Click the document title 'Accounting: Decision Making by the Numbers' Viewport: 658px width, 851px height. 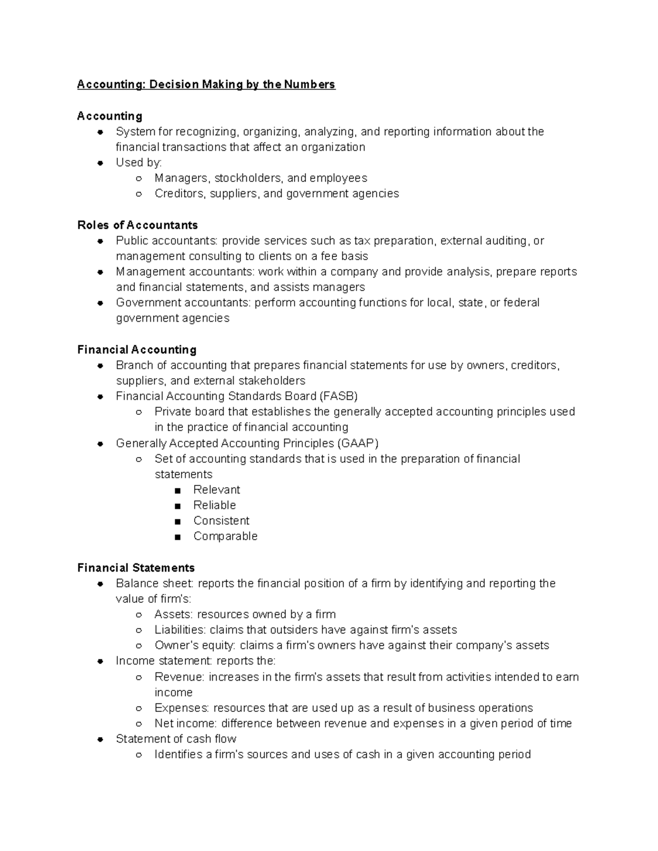206,84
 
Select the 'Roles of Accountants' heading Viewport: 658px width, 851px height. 138,225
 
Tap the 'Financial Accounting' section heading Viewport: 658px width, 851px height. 137,350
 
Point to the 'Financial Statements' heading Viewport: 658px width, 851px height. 136,568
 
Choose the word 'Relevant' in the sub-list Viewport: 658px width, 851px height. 217,490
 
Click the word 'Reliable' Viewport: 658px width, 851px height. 214,505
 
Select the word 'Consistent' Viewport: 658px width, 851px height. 221,521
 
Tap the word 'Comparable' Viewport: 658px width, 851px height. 225,536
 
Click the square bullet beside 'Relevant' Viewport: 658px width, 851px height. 177,490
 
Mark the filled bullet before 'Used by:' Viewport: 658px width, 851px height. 100,163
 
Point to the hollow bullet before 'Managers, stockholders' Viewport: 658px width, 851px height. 139,178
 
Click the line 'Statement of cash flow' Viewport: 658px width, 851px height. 176,739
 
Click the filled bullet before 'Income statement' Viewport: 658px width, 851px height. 100,661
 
